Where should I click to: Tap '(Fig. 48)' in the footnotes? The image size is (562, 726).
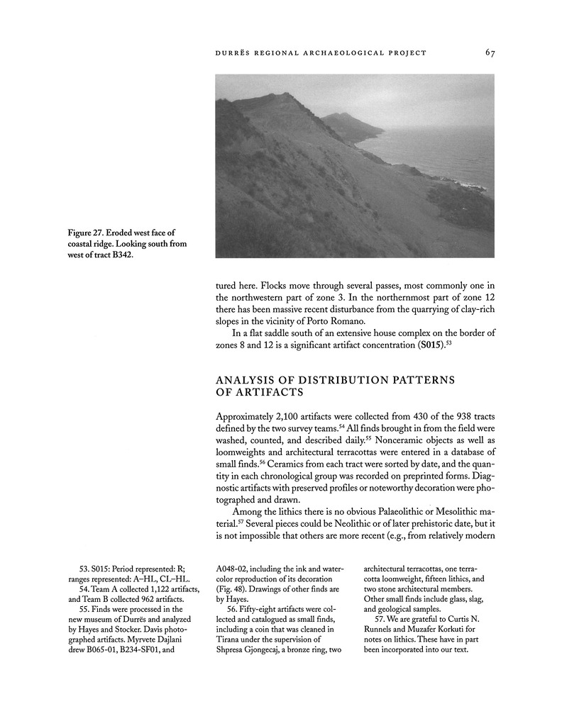232,588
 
